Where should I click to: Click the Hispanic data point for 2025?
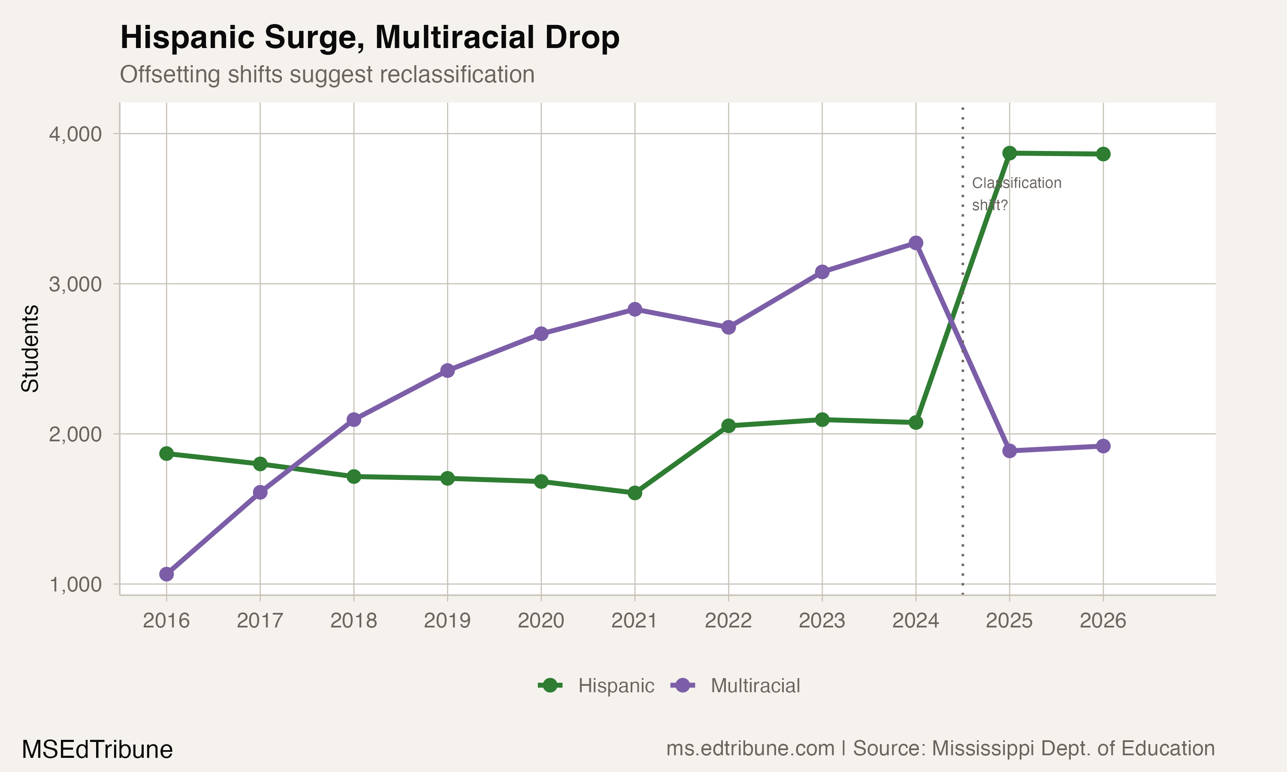[1009, 153]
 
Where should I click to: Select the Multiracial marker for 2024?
[915, 243]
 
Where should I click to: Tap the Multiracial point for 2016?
[166, 574]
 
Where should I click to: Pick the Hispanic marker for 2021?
[634, 493]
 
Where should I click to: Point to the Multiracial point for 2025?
[1009, 450]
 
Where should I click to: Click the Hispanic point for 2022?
[728, 425]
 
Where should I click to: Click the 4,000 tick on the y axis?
[76, 134]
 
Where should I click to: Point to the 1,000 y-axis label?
[76, 585]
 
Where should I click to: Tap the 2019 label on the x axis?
[447, 621]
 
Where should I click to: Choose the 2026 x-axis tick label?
[1103, 621]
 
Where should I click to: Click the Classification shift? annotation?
[1015, 193]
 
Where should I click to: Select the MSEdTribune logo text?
[97, 750]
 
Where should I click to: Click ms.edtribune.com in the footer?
[750, 748]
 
